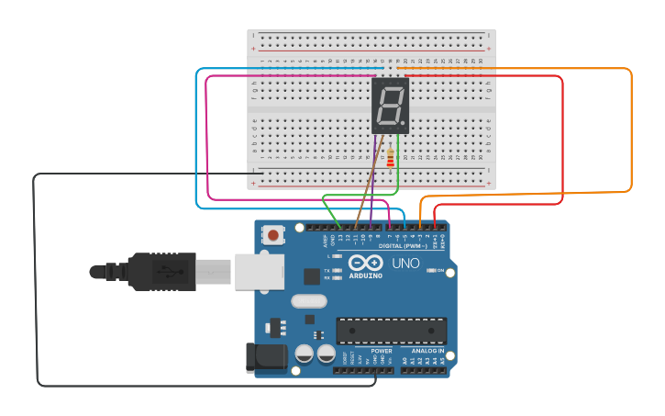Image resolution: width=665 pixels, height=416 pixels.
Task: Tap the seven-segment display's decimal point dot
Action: pos(404,124)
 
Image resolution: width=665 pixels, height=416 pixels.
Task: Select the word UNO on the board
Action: pos(405,264)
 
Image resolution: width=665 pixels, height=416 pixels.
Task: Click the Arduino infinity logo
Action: pos(365,264)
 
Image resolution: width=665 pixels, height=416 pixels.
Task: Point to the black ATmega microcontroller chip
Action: pos(392,331)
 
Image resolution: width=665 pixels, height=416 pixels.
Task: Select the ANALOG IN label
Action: pos(427,351)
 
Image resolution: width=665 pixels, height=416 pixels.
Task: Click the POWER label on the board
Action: pos(382,351)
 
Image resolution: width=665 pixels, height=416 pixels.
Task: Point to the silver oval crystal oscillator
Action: pos(308,301)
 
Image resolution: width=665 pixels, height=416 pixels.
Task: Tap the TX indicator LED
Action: pos(338,271)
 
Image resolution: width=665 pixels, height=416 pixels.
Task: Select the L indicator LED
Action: pos(338,257)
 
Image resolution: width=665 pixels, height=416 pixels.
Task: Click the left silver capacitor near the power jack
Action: pos(304,354)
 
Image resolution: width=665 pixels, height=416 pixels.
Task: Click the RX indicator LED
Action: pos(338,277)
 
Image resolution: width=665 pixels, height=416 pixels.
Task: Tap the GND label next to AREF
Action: pos(332,241)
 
